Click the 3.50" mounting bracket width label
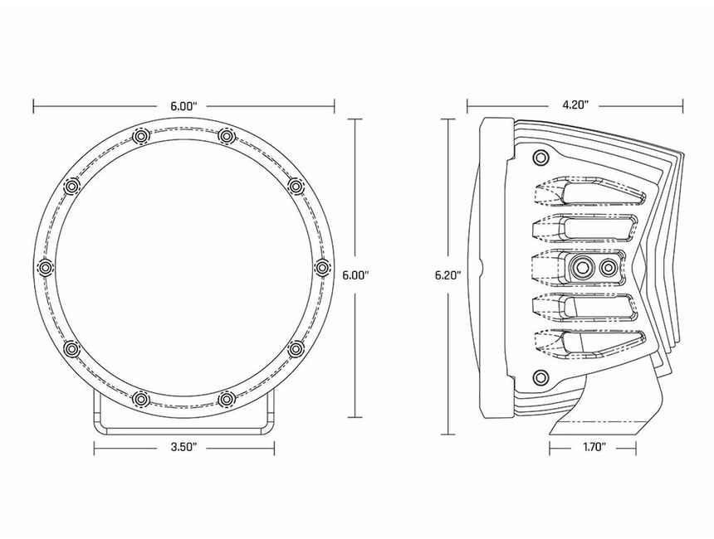pyautogui.click(x=183, y=447)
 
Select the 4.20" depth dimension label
pyautogui.click(x=575, y=105)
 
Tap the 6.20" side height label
pyautogui.click(x=448, y=275)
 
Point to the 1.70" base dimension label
pyautogui.click(x=594, y=447)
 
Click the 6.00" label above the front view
pyautogui.click(x=183, y=106)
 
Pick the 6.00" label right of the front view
pyautogui.click(x=355, y=275)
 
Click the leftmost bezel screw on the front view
pyautogui.click(x=46, y=268)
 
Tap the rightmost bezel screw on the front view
pyautogui.click(x=322, y=268)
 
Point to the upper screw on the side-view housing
pyautogui.click(x=540, y=158)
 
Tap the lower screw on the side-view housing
pyautogui.click(x=540, y=377)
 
